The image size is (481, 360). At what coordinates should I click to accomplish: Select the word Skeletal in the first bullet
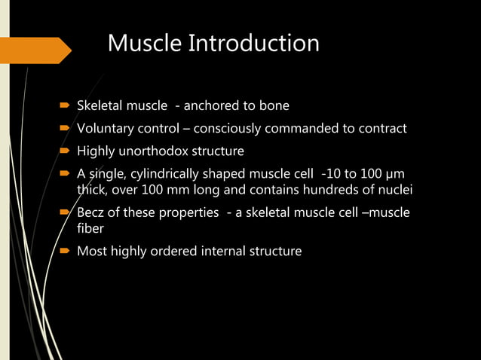[100, 105]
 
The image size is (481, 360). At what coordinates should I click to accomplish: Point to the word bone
[274, 105]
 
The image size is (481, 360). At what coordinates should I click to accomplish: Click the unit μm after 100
[394, 174]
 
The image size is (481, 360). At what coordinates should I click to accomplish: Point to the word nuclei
[394, 190]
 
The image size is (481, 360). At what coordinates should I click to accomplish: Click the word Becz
[93, 212]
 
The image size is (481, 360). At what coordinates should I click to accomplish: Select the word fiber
[91, 228]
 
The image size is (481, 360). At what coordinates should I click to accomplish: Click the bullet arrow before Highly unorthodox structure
[66, 151]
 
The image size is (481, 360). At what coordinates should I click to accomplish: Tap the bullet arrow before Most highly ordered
[66, 251]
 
